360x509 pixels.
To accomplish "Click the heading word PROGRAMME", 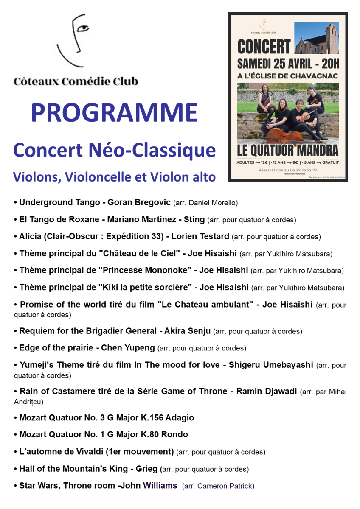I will click(114, 113).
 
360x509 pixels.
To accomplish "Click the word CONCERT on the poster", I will click(264, 47).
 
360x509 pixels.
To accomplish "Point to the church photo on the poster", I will click(316, 38).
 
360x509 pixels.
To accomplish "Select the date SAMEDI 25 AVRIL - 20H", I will click(288, 64).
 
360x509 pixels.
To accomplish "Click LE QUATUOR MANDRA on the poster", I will click(288, 150).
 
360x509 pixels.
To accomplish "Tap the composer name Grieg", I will click(146, 469).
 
